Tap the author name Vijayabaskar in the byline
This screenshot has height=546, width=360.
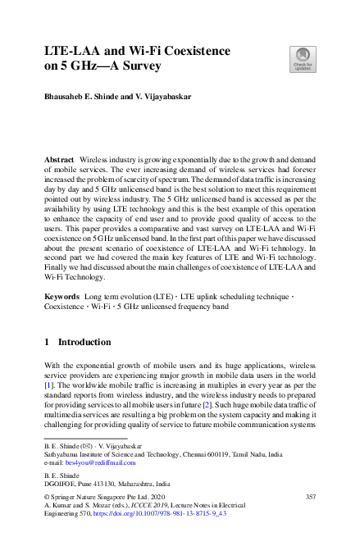click(167, 96)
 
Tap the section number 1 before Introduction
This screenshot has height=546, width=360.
click(48, 341)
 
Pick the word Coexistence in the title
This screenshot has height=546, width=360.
click(194, 51)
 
